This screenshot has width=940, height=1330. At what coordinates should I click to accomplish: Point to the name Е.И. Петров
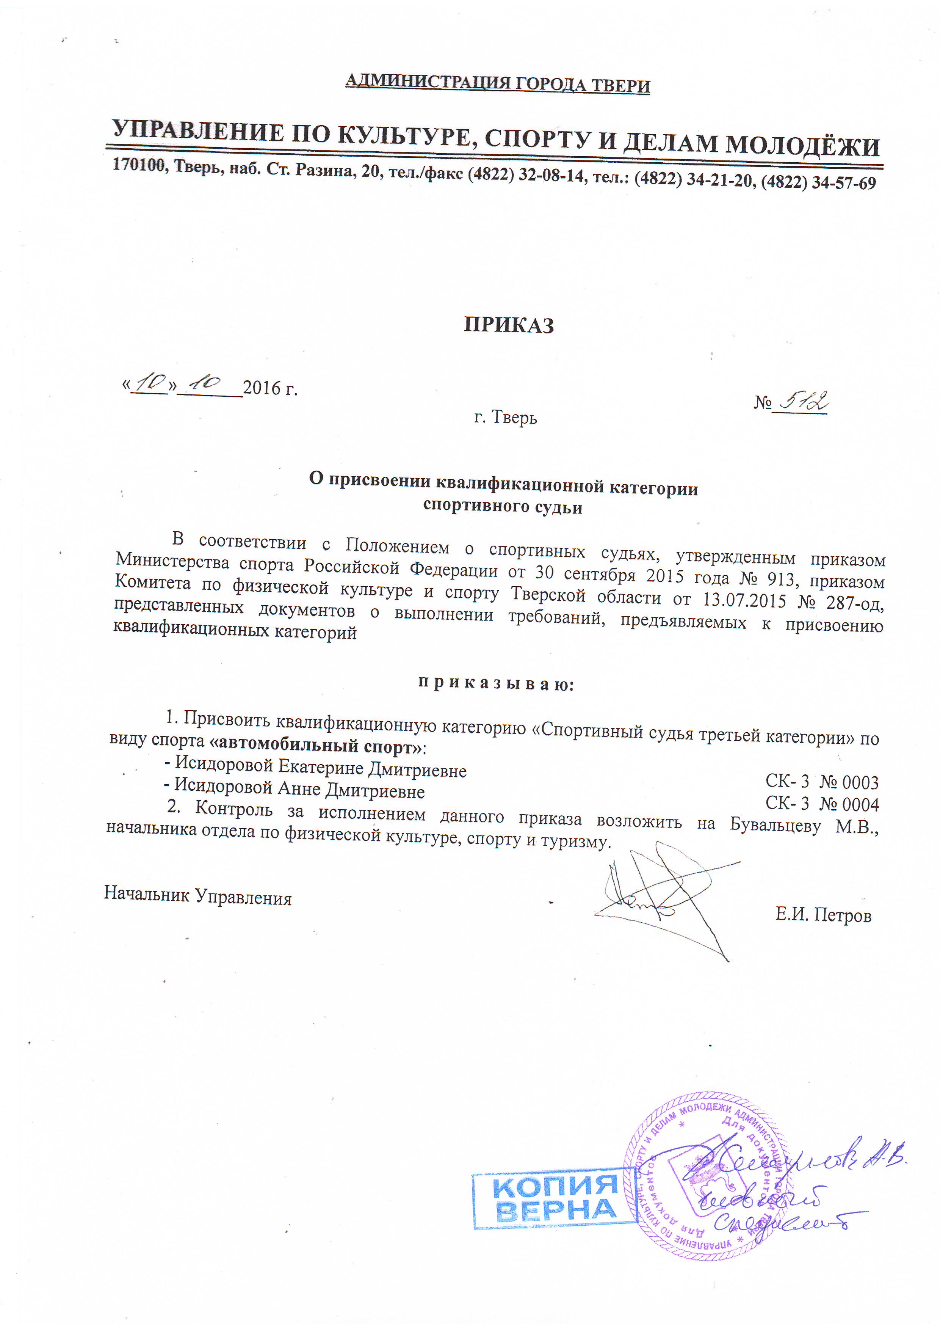coord(823,915)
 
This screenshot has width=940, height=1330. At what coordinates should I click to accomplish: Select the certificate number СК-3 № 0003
coord(821,782)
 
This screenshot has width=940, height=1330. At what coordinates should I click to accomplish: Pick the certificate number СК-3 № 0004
coord(822,804)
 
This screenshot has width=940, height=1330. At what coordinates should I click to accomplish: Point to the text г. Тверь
coord(505,416)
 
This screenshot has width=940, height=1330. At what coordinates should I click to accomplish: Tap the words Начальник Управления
coord(197,895)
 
